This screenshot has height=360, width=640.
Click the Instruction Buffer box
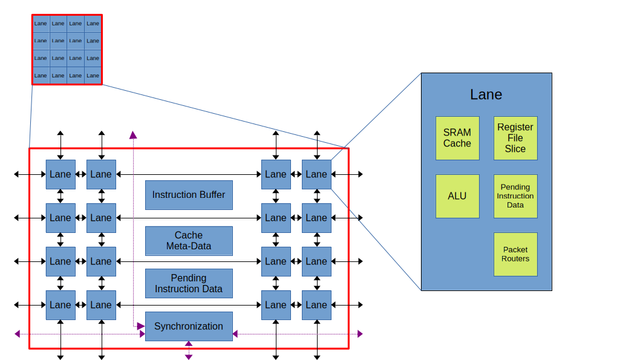[x=188, y=195]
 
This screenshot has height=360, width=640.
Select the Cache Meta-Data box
[x=188, y=241]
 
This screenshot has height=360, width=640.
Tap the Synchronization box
[x=188, y=326]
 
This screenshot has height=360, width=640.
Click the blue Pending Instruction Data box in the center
[x=188, y=284]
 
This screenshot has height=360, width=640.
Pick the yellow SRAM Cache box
[x=457, y=138]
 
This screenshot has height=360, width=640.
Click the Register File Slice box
[x=515, y=138]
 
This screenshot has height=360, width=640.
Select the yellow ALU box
[x=457, y=196]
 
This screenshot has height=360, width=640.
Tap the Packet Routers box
[x=515, y=254]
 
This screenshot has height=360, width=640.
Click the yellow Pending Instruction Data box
[x=515, y=196]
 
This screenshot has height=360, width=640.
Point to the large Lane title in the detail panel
[x=486, y=95]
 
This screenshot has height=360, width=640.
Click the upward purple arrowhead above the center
[x=133, y=135]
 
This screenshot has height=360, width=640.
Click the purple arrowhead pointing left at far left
[x=18, y=333]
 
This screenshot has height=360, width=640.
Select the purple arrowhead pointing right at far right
[x=360, y=333]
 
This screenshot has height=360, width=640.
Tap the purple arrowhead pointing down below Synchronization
[x=189, y=357]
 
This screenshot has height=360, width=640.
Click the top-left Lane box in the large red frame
[x=60, y=174]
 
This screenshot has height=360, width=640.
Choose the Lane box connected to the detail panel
[x=316, y=174]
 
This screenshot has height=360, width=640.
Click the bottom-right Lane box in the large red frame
[x=316, y=305]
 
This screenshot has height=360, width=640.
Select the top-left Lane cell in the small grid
[x=41, y=24]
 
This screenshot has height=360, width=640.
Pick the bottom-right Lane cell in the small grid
[x=93, y=76]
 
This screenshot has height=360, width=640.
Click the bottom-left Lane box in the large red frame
[x=60, y=305]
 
